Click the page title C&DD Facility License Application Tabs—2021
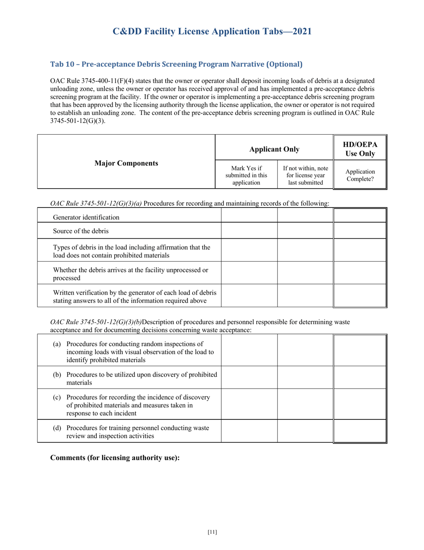click(x=212, y=31)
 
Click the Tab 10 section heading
click(x=176, y=64)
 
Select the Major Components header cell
click(x=126, y=163)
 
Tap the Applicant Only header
click(x=274, y=149)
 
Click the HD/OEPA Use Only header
click(x=360, y=149)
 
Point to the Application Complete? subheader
click(x=360, y=175)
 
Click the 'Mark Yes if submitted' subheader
click(x=246, y=175)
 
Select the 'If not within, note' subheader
click(x=305, y=175)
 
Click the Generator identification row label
click(x=86, y=217)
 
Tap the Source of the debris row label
click(x=81, y=231)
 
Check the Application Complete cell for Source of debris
click(x=360, y=231)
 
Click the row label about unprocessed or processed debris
click(x=130, y=274)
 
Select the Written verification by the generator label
click(x=134, y=296)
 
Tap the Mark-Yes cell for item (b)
click(x=249, y=378)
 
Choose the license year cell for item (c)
click(x=305, y=405)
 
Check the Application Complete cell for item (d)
click(x=360, y=432)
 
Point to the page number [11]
click(x=212, y=532)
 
